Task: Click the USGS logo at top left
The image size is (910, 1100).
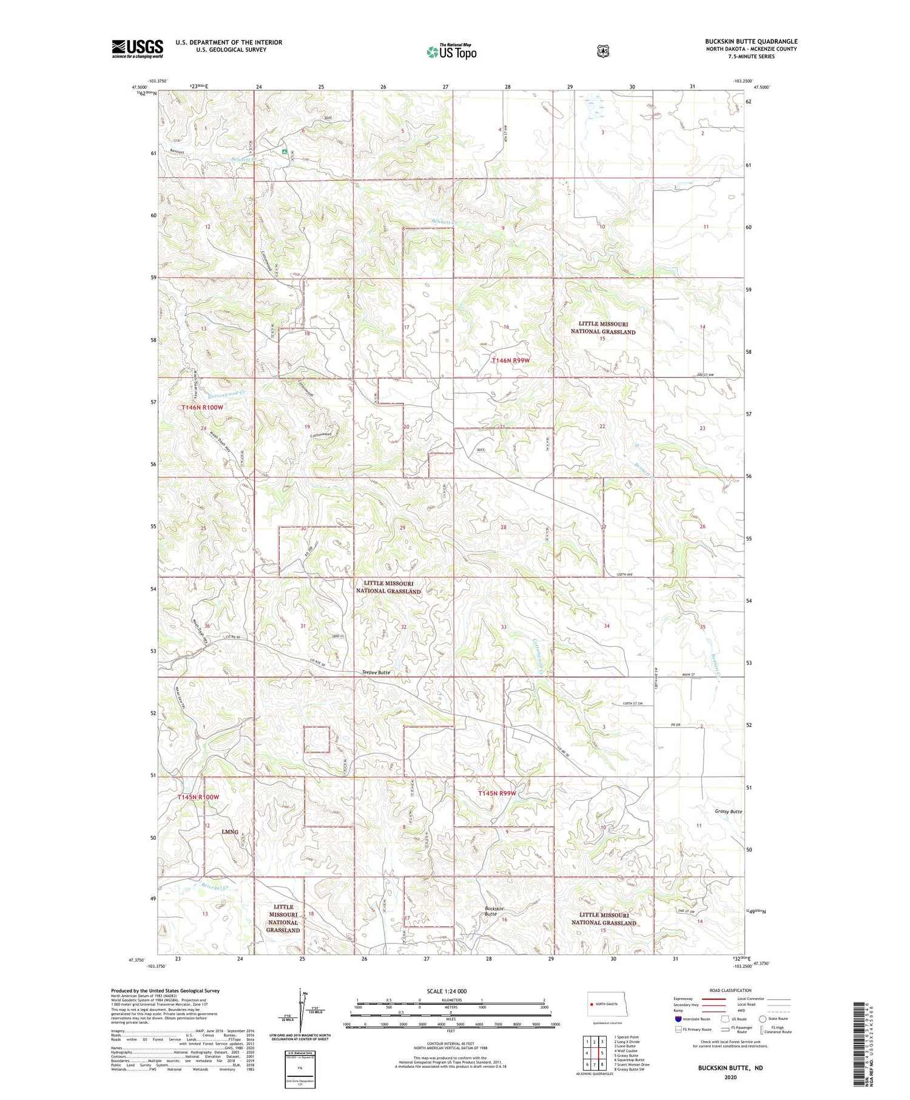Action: [x=137, y=49]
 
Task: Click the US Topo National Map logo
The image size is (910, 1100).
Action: [x=451, y=51]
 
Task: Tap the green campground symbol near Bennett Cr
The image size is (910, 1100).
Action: [x=283, y=152]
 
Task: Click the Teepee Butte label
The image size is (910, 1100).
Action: [x=376, y=672]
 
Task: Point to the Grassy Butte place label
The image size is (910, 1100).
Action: [x=728, y=811]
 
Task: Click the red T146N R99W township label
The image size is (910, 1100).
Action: [x=514, y=360]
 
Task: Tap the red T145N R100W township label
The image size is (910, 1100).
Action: [x=198, y=797]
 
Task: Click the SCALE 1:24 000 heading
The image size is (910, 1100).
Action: [x=447, y=991]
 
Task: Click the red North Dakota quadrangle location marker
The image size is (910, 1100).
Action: [x=590, y=1004]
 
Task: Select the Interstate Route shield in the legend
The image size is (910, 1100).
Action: [x=678, y=1019]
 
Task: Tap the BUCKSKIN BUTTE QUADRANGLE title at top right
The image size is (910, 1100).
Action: [x=751, y=41]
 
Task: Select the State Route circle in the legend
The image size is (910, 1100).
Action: [x=764, y=1019]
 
